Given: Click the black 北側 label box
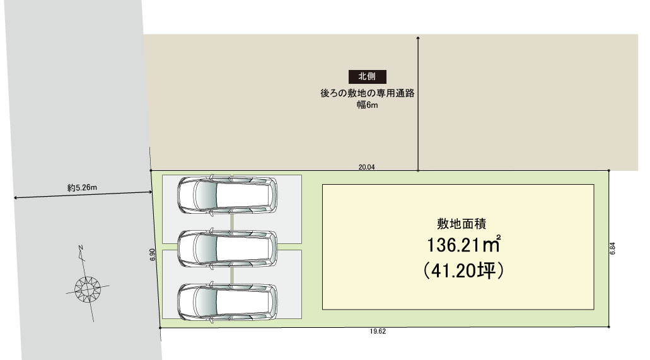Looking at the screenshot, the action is pos(368,77).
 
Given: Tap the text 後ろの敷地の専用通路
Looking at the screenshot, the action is pos(368,93).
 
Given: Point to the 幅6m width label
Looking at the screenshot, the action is pos(368,105).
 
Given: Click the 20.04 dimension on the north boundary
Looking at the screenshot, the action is pos(366,167).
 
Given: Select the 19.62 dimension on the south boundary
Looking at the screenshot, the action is pos(378,332).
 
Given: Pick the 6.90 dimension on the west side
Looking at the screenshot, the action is pos(153,255).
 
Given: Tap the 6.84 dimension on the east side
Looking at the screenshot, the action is pos(613,248).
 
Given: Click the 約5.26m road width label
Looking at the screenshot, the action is pos(82,188).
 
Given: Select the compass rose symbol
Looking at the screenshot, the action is pos(88,286).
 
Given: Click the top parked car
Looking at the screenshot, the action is pos(227,195).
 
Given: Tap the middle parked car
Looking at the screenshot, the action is pos(227,248).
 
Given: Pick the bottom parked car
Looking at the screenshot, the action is pos(227,301).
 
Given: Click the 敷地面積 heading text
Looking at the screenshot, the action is pos(461,224).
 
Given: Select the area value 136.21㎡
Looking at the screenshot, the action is pos(464,245).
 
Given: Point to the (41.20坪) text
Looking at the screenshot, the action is pos(463,271).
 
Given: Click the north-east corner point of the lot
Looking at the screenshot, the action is pos(608,170).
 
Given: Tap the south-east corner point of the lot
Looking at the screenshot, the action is pos(608,327).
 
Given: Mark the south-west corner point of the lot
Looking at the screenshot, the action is pos(160,328).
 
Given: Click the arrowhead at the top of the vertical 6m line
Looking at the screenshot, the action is pos(418,38).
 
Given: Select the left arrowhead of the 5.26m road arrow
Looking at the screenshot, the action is pos(16,198).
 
